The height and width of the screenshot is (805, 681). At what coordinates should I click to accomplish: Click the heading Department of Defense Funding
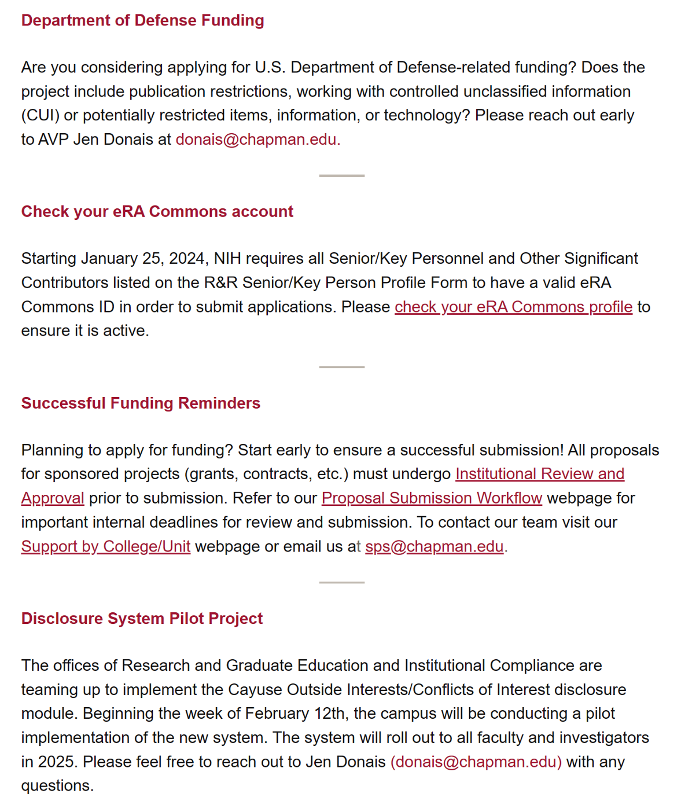[x=142, y=20]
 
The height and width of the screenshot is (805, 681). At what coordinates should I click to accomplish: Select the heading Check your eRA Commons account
[x=157, y=212]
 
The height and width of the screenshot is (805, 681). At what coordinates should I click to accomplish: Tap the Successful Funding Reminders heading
[x=141, y=403]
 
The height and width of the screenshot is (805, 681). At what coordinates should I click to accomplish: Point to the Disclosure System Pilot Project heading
[x=142, y=619]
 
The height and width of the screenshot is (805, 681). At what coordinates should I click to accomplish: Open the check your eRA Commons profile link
[x=513, y=307]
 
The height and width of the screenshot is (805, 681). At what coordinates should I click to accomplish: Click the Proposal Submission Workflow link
[x=432, y=498]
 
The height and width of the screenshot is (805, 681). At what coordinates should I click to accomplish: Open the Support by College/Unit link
[x=106, y=546]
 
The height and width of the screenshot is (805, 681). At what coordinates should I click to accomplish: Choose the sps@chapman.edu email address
[x=434, y=546]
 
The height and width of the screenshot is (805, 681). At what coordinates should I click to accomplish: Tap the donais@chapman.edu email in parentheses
[x=476, y=762]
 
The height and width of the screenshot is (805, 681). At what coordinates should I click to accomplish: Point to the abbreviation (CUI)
[x=41, y=115]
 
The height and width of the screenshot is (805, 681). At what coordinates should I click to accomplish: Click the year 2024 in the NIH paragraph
[x=186, y=259]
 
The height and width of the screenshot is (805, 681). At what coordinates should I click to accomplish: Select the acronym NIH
[x=227, y=259]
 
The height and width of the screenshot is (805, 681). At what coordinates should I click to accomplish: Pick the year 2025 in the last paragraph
[x=57, y=762]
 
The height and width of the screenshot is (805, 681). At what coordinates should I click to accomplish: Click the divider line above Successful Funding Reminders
[x=341, y=367]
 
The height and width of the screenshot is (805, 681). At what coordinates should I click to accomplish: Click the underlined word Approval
[x=53, y=498]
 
